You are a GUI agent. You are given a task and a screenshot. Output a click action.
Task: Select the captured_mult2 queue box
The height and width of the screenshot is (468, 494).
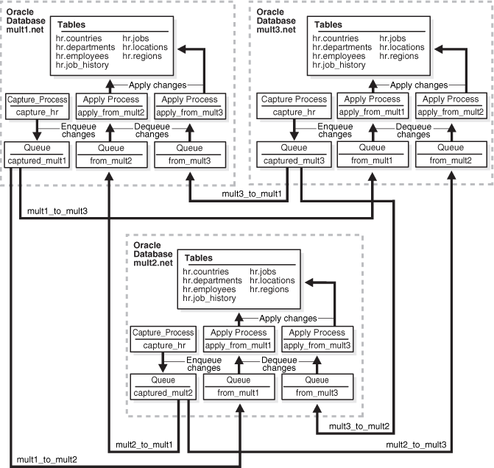tap(163, 386)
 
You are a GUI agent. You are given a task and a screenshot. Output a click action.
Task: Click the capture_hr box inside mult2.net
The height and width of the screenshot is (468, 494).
tap(163, 338)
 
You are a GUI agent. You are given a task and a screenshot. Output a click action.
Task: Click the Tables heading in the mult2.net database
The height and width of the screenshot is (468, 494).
tap(200, 258)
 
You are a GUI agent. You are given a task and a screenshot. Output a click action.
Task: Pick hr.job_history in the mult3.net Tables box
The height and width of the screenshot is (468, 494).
tap(339, 65)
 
